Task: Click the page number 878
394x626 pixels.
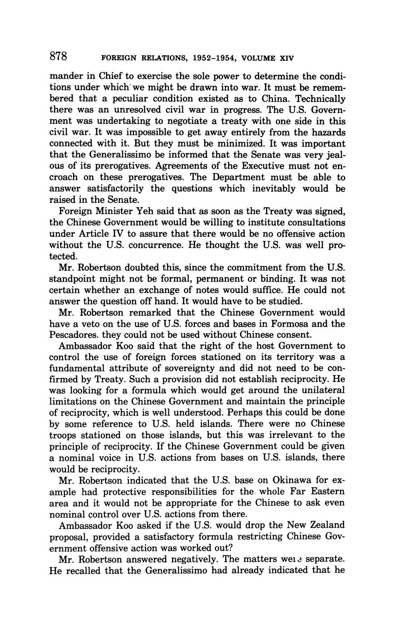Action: click(59, 57)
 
